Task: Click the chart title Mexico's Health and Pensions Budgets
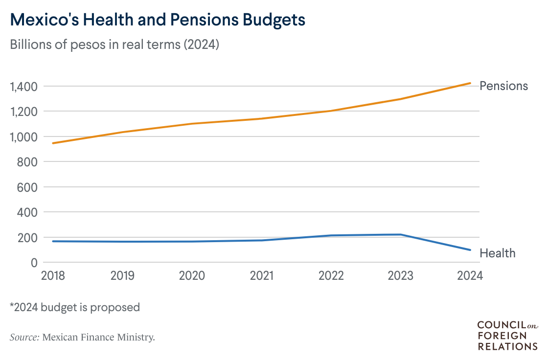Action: coord(158,20)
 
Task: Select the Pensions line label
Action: coord(503,86)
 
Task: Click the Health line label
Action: coord(497,253)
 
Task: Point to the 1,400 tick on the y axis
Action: coord(23,87)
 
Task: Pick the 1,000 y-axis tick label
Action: coord(23,137)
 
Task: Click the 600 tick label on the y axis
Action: coord(28,187)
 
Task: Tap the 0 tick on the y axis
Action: coord(34,263)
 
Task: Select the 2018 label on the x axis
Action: coord(52,276)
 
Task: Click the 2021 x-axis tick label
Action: coord(261,276)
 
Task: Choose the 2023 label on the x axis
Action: coord(400,276)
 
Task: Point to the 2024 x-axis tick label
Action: coord(470,276)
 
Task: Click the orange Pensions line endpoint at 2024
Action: coord(470,83)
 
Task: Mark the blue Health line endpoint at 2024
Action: coord(470,250)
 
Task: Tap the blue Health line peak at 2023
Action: coord(401,234)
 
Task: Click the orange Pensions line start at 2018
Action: coord(53,143)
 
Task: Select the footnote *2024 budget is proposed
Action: coord(75,308)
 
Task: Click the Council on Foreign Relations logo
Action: coord(507,336)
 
